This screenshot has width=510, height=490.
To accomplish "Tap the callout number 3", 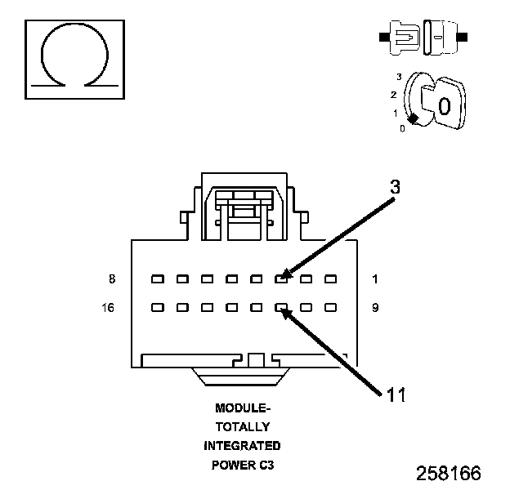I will [x=395, y=187].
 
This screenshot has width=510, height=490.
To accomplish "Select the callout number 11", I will [x=396, y=395].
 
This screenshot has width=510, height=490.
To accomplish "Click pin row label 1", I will [x=374, y=279].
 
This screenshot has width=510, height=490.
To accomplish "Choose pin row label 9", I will [x=374, y=309].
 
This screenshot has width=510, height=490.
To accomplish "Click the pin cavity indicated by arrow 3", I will [x=281, y=279].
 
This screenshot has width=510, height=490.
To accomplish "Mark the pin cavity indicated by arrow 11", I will [x=281, y=309].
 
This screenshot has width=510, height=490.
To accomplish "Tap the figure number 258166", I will [x=448, y=473].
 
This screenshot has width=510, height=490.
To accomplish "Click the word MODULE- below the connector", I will [x=242, y=408].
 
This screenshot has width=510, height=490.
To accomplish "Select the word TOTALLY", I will [x=242, y=426].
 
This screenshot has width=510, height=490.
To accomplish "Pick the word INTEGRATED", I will [x=242, y=446].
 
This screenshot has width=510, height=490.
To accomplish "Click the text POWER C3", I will [x=242, y=465].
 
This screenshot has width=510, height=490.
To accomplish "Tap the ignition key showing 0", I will [x=442, y=105].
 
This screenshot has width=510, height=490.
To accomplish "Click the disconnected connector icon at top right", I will [x=423, y=38].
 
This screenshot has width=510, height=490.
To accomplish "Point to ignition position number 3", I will [x=399, y=76].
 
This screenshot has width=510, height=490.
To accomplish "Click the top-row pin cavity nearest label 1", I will [x=331, y=279].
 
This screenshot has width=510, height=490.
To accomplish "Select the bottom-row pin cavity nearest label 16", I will [x=158, y=309].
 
